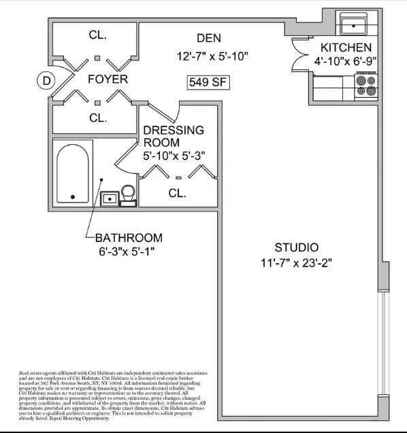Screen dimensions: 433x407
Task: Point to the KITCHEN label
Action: (346, 48)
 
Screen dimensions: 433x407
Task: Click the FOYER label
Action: (108, 80)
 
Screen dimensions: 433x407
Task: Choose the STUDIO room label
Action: (296, 247)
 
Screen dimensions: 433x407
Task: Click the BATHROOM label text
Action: (129, 238)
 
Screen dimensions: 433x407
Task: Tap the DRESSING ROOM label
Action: (173, 136)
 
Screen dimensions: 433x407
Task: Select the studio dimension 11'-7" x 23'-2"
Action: (296, 262)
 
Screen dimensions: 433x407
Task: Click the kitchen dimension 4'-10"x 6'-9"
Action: (346, 61)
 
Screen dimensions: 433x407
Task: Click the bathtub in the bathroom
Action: (74, 174)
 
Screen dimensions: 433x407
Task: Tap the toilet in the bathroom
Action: (128, 194)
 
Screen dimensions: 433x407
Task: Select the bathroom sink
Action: (108, 198)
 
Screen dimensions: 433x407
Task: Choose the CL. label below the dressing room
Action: (177, 193)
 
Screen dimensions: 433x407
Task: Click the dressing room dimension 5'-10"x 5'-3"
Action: (174, 156)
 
